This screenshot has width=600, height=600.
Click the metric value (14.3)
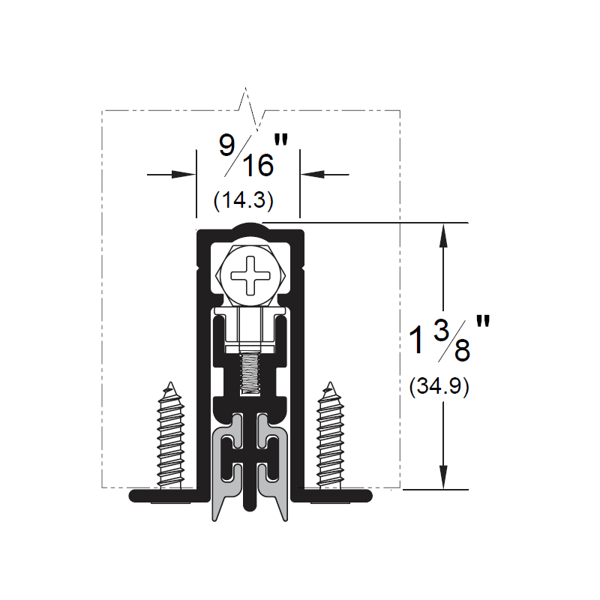pyautogui.click(x=243, y=199)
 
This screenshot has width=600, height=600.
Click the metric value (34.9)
pyautogui.click(x=439, y=386)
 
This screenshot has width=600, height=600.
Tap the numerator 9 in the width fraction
pyautogui.click(x=226, y=145)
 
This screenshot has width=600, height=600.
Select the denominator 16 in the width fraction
pyautogui.click(x=258, y=165)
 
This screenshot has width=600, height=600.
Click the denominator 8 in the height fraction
pyautogui.click(x=462, y=350)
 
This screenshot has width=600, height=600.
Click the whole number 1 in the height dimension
pyautogui.click(x=417, y=340)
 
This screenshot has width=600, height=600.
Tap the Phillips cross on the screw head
pyautogui.click(x=250, y=275)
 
